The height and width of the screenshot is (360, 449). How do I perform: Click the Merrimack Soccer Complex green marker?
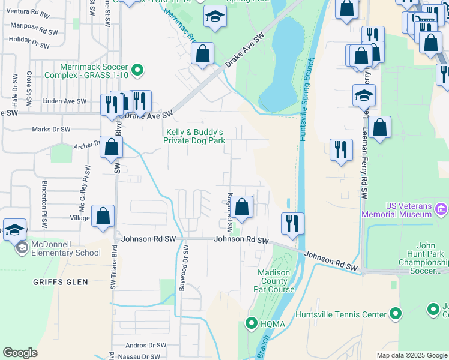(x=137, y=71)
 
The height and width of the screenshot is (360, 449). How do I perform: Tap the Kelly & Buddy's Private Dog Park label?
(x=194, y=136)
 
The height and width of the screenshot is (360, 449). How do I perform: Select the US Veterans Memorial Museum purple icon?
(x=441, y=209)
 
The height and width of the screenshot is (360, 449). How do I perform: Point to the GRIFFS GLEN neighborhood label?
(x=61, y=281)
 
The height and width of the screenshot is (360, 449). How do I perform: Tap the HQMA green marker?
(x=252, y=324)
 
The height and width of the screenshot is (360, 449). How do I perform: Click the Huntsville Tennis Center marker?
(x=395, y=314)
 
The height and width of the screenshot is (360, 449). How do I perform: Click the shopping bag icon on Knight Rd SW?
(x=241, y=208)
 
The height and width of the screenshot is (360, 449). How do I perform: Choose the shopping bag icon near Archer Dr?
(x=111, y=146)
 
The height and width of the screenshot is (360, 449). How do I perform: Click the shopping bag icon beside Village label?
(x=103, y=216)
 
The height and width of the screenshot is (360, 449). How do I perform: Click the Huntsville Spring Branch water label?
(x=304, y=99)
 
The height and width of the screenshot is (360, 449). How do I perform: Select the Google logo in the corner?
(x=20, y=353)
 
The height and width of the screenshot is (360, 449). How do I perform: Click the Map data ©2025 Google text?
(x=411, y=355)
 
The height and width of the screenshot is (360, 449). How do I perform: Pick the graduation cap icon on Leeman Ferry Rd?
(x=363, y=95)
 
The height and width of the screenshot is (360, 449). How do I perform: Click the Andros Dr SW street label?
(x=146, y=346)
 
